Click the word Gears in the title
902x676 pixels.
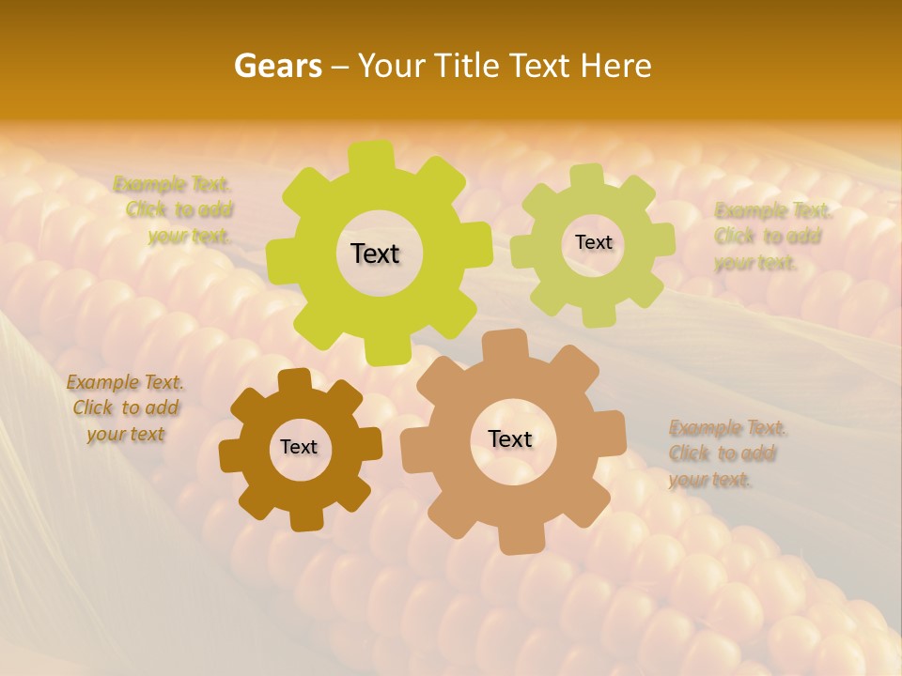[277, 66]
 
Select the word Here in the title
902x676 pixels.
[616, 66]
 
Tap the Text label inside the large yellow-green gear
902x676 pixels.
[375, 253]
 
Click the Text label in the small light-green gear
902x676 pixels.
[593, 242]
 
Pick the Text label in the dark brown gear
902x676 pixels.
[299, 447]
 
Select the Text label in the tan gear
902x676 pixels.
[510, 438]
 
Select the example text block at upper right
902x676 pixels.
[772, 237]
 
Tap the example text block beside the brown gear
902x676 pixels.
[125, 408]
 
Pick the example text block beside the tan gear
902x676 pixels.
[726, 454]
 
